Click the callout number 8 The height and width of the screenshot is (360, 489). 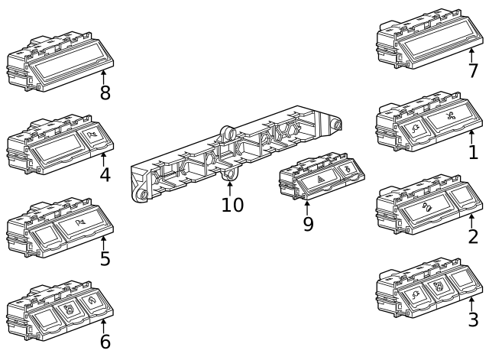click(105, 93)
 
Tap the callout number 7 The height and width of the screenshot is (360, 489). click(473, 72)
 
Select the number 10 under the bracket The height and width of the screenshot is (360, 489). click(232, 205)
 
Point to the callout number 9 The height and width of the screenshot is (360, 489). click(308, 225)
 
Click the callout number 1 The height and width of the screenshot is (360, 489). click(473, 152)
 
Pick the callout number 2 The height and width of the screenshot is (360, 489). click(473, 236)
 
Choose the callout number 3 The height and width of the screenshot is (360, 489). click(473, 320)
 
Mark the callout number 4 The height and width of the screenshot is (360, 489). click(105, 175)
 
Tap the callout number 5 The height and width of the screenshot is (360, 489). click(105, 259)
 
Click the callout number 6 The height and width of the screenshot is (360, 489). click(105, 342)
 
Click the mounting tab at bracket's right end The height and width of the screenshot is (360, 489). click(334, 125)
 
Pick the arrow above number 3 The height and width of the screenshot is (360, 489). click(471, 303)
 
